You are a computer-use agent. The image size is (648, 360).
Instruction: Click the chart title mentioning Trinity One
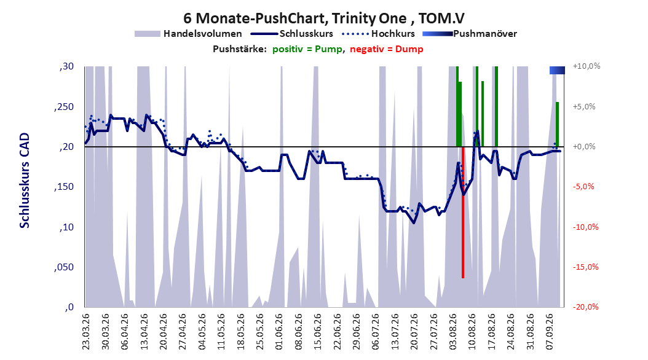(324, 18)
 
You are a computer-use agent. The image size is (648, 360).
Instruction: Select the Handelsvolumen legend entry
(189, 34)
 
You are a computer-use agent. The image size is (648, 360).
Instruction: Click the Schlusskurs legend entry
(292, 34)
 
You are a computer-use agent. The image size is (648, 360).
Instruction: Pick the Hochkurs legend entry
(379, 34)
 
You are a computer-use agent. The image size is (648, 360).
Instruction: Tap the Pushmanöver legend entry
(470, 34)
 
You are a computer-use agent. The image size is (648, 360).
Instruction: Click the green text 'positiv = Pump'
(307, 49)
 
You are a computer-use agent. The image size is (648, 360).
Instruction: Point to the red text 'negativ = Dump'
(387, 49)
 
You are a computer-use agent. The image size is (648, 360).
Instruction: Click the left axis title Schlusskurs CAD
(25, 181)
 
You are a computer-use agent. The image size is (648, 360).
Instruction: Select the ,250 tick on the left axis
(64, 107)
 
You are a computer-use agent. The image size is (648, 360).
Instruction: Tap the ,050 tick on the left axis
(64, 267)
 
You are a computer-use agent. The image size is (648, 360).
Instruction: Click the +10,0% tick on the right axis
(587, 66)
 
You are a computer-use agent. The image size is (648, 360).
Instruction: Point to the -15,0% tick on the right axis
(585, 267)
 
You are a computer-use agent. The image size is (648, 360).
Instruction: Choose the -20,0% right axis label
(585, 307)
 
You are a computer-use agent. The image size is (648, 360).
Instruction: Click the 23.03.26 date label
(86, 332)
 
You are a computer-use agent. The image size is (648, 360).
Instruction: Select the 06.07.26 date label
(375, 332)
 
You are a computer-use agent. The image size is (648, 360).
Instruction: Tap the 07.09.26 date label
(549, 332)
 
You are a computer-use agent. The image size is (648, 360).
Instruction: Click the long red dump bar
(463, 212)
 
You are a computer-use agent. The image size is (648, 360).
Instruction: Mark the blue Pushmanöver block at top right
(557, 70)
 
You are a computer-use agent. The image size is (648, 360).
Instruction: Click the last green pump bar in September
(557, 124)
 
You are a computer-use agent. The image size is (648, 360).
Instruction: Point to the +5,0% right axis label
(584, 106)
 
